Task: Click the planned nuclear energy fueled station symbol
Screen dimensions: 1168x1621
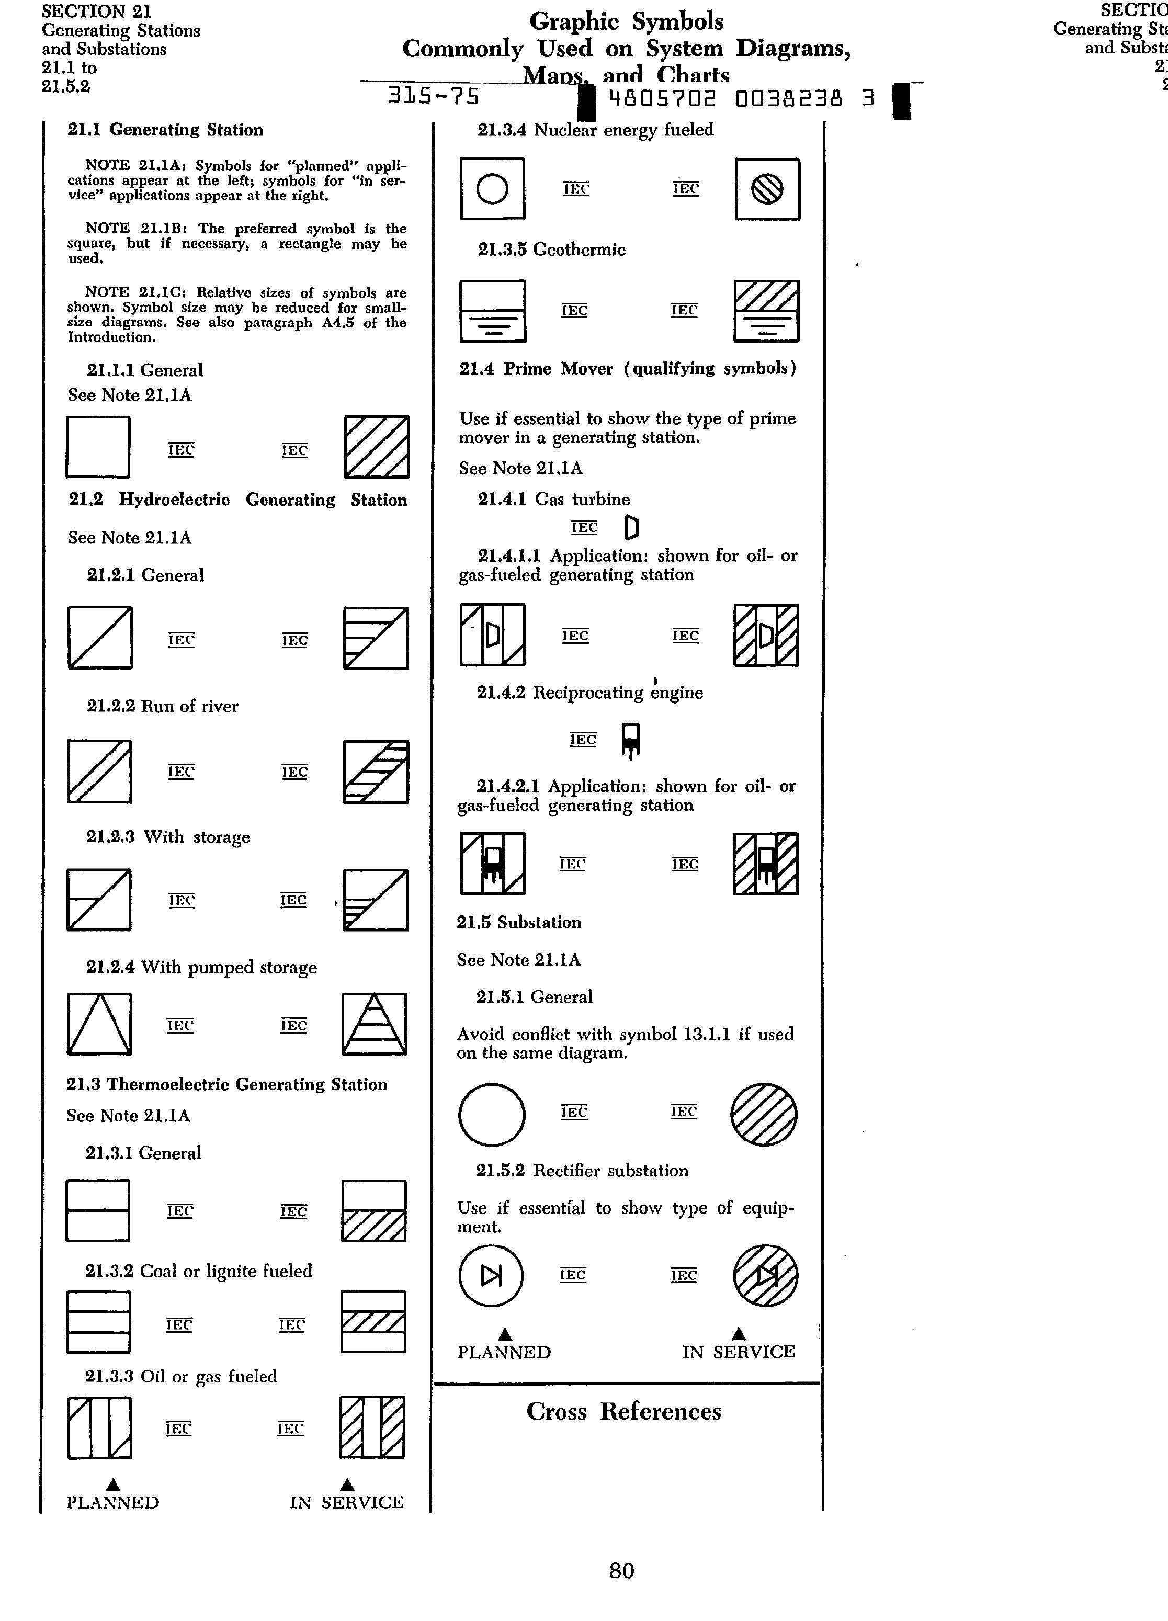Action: click(493, 189)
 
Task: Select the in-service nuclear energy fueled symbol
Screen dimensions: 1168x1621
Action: click(767, 189)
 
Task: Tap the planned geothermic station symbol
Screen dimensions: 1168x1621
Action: click(493, 311)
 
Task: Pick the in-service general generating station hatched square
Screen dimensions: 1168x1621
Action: click(377, 447)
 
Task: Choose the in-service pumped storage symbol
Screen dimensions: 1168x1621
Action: click(375, 1024)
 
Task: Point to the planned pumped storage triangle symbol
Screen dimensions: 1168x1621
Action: click(99, 1024)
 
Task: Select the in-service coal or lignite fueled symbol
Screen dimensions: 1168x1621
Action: click(373, 1321)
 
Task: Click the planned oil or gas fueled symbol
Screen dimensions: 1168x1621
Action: click(99, 1427)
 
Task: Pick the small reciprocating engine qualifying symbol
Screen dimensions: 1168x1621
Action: click(630, 741)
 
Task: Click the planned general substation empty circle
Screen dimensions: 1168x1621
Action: click(492, 1114)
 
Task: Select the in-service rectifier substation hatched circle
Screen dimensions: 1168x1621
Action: click(766, 1276)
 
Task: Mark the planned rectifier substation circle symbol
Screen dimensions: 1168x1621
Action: click(491, 1276)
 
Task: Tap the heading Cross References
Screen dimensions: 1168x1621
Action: click(623, 1412)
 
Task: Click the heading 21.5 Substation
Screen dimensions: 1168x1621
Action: click(519, 923)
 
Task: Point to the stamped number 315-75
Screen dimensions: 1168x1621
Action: click(433, 96)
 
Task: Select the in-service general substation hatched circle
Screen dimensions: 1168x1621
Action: click(764, 1114)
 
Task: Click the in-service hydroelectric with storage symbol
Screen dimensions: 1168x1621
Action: click(375, 900)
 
